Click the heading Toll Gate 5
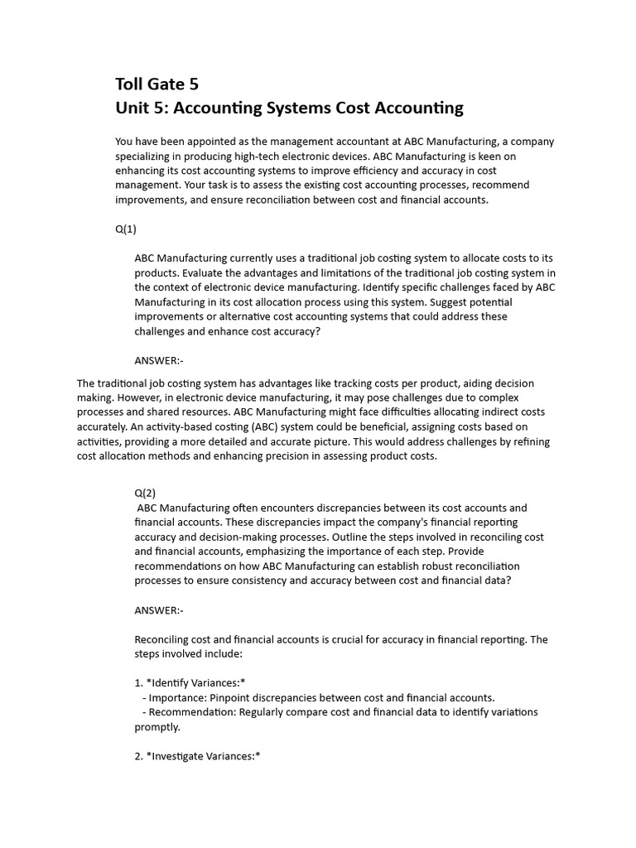click(x=157, y=84)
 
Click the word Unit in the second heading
click(x=132, y=108)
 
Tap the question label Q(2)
click(x=145, y=492)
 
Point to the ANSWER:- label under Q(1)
click(x=158, y=359)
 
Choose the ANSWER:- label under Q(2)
click(x=158, y=610)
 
